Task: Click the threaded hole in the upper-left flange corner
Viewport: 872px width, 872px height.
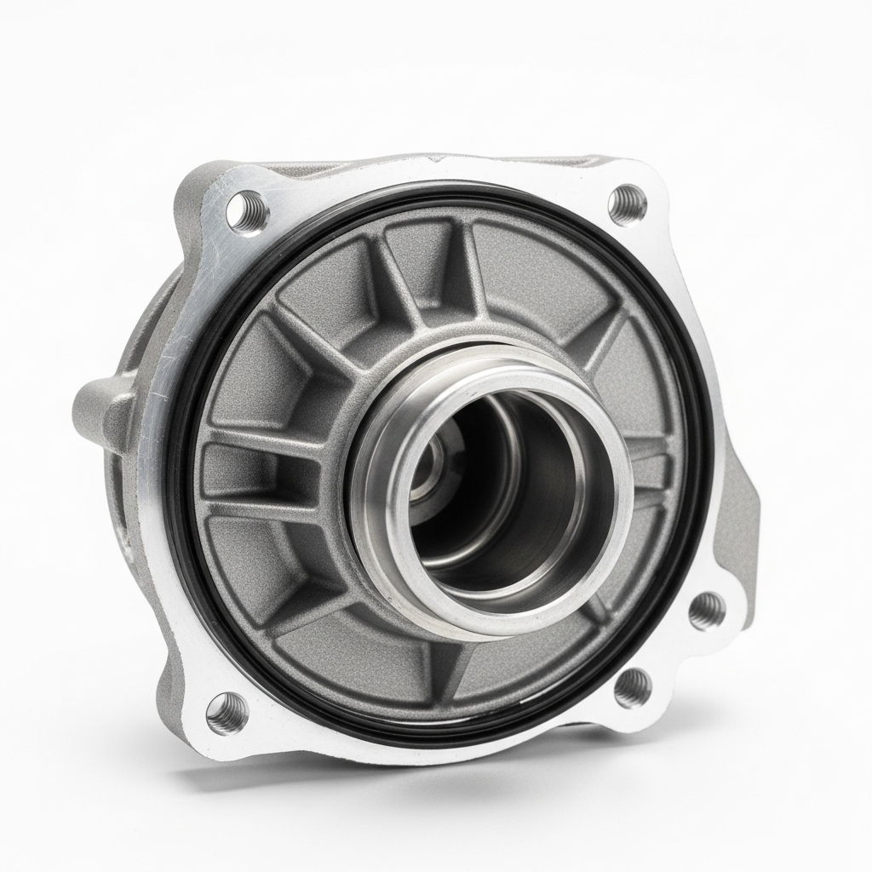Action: coord(249,210)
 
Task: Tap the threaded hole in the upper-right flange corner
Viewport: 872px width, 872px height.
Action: coord(628,204)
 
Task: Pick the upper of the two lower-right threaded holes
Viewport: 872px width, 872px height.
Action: coord(706,610)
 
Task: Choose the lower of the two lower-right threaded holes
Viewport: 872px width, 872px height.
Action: coord(632,686)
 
